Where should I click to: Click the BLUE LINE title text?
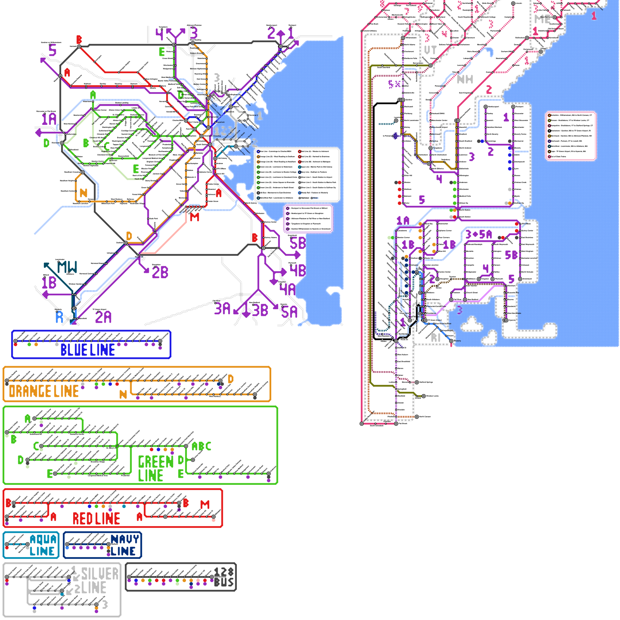click(88, 350)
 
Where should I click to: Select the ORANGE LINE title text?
click(44, 391)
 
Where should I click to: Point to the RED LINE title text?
click(96, 518)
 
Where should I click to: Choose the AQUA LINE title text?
click(43, 545)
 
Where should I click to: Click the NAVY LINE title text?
click(124, 545)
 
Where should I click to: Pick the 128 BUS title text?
click(224, 577)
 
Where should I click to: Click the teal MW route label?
click(67, 267)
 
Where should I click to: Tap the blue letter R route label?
click(59, 317)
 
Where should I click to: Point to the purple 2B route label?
click(160, 272)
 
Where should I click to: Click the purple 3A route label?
click(222, 309)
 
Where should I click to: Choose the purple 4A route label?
click(288, 289)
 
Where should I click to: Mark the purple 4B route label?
click(298, 270)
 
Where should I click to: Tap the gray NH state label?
click(465, 79)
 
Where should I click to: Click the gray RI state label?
click(436, 338)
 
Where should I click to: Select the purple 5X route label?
click(394, 84)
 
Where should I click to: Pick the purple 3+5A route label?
click(479, 234)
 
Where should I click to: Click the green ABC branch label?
click(201, 446)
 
